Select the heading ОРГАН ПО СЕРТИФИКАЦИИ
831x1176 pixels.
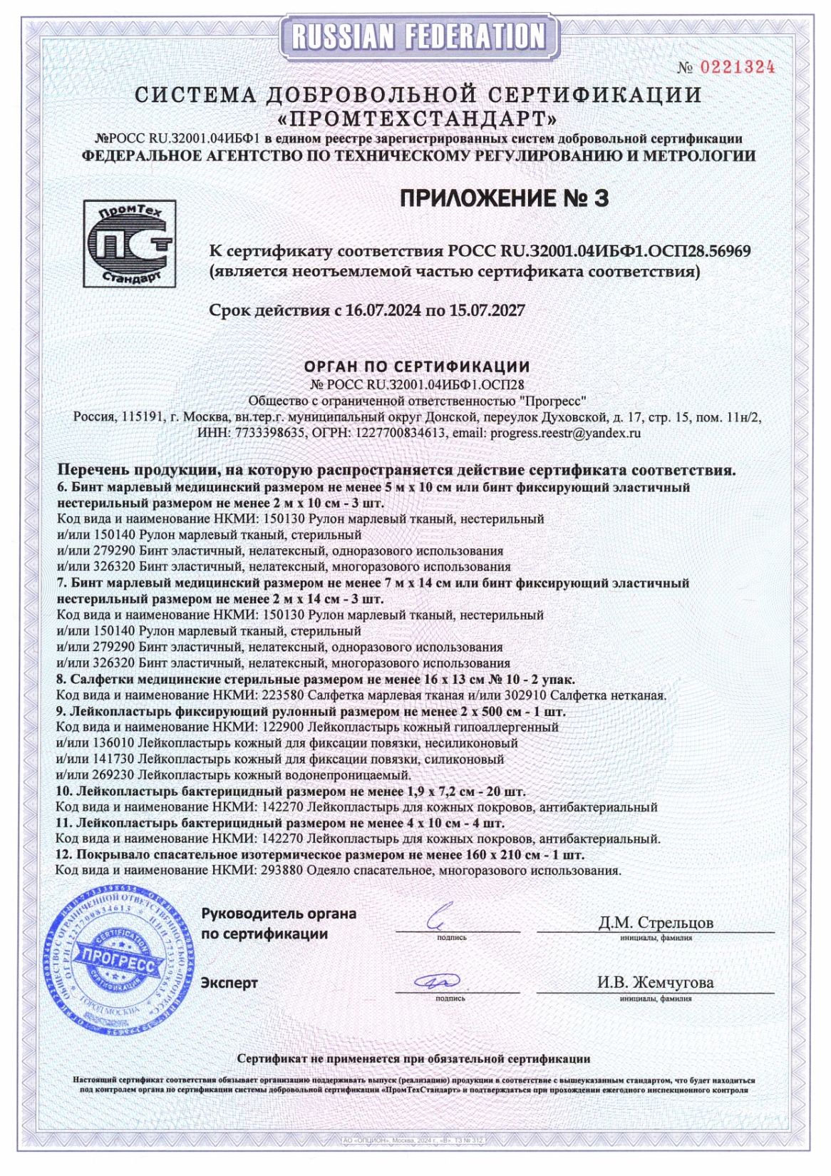[x=417, y=367]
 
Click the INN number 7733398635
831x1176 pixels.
[x=271, y=432]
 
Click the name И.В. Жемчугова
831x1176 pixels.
[x=655, y=983]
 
